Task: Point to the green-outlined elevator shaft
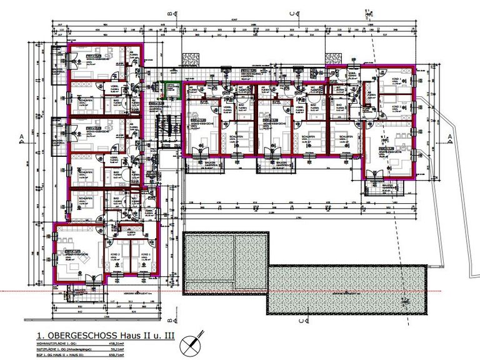point(169,91)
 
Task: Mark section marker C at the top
point(291,13)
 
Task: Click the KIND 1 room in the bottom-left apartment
point(144,257)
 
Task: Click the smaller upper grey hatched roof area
point(226,262)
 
